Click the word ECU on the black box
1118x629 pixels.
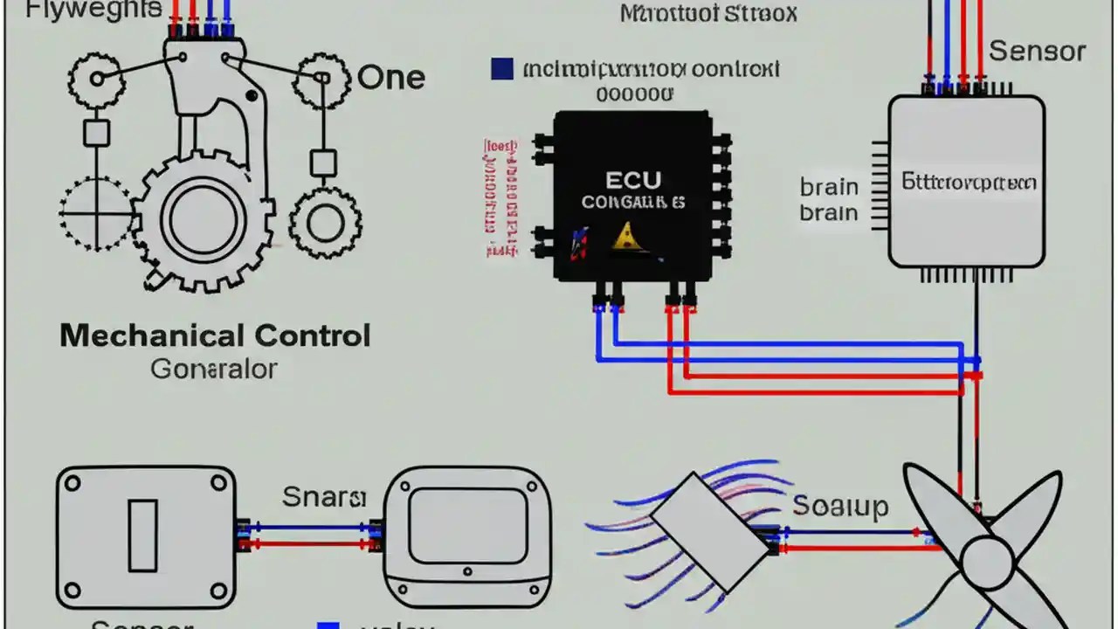633,181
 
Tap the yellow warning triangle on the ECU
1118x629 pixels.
625,235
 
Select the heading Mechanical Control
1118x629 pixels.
215,335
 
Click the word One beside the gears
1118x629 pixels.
391,78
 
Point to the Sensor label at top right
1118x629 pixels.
1037,51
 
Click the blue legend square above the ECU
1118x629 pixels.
501,69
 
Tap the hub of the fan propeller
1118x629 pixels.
986,558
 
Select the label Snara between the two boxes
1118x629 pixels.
324,497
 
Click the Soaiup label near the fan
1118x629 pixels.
840,506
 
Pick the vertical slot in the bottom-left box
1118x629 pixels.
143,536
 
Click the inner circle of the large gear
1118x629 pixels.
202,219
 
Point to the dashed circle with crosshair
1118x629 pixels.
95,212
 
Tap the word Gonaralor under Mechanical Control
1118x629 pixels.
214,369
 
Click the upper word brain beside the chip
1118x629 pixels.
829,187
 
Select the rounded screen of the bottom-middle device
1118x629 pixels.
467,525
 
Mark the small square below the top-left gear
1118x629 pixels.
96,132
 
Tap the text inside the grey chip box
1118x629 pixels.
969,183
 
